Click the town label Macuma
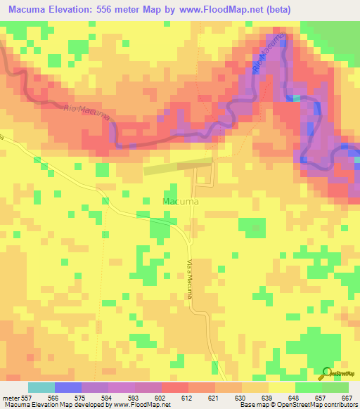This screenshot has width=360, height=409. pos(180,202)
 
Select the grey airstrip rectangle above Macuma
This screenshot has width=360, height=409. pos(178,167)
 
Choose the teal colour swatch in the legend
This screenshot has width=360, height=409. pos(41,387)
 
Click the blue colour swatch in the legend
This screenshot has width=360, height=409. pos(68,387)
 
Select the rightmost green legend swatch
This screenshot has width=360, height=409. pos(335,387)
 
